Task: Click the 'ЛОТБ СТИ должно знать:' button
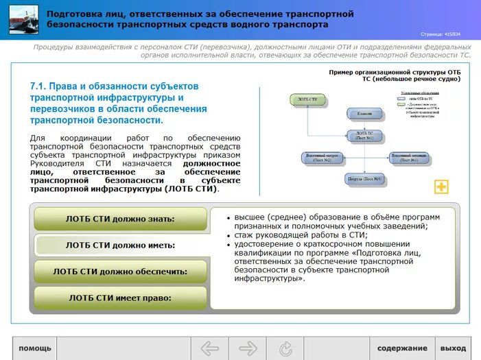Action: pos(120,219)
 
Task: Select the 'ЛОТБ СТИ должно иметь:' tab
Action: pos(120,245)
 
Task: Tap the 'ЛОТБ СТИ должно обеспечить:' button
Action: pos(120,272)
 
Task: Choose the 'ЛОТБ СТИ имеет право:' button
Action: pos(120,298)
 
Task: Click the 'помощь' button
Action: pos(35,348)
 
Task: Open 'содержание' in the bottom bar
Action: pos(401,348)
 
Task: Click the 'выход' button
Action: pos(453,348)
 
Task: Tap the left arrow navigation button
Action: pos(209,348)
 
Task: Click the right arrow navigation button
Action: pos(248,348)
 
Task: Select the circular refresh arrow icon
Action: pos(286,348)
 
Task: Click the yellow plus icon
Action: pos(441,187)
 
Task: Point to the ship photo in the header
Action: pos(23,20)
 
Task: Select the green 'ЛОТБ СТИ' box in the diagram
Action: pos(307,99)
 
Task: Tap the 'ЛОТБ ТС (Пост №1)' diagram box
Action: pos(364,136)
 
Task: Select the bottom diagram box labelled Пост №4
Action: pos(364,180)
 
